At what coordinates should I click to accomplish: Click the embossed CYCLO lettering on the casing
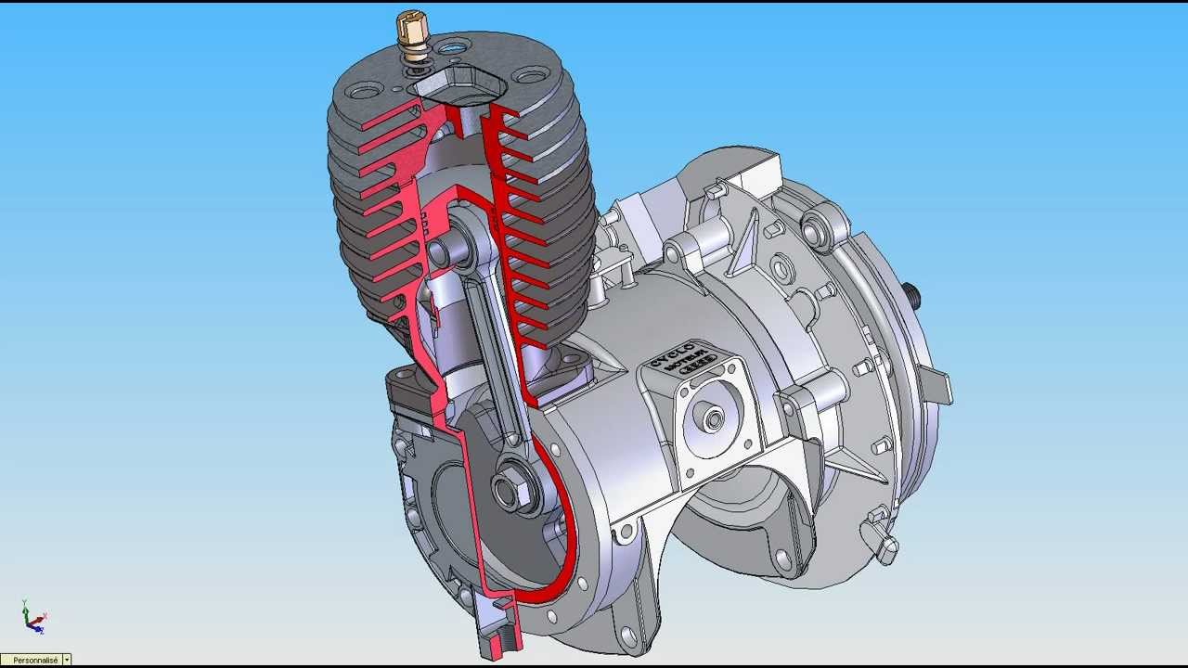[x=672, y=353]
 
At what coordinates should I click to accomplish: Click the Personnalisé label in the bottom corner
[x=34, y=660]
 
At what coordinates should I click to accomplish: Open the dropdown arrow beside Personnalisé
[x=67, y=660]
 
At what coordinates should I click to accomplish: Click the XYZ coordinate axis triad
[x=33, y=618]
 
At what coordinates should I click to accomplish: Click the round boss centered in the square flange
[x=714, y=420]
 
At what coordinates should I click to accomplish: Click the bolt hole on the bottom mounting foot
[x=629, y=637]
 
